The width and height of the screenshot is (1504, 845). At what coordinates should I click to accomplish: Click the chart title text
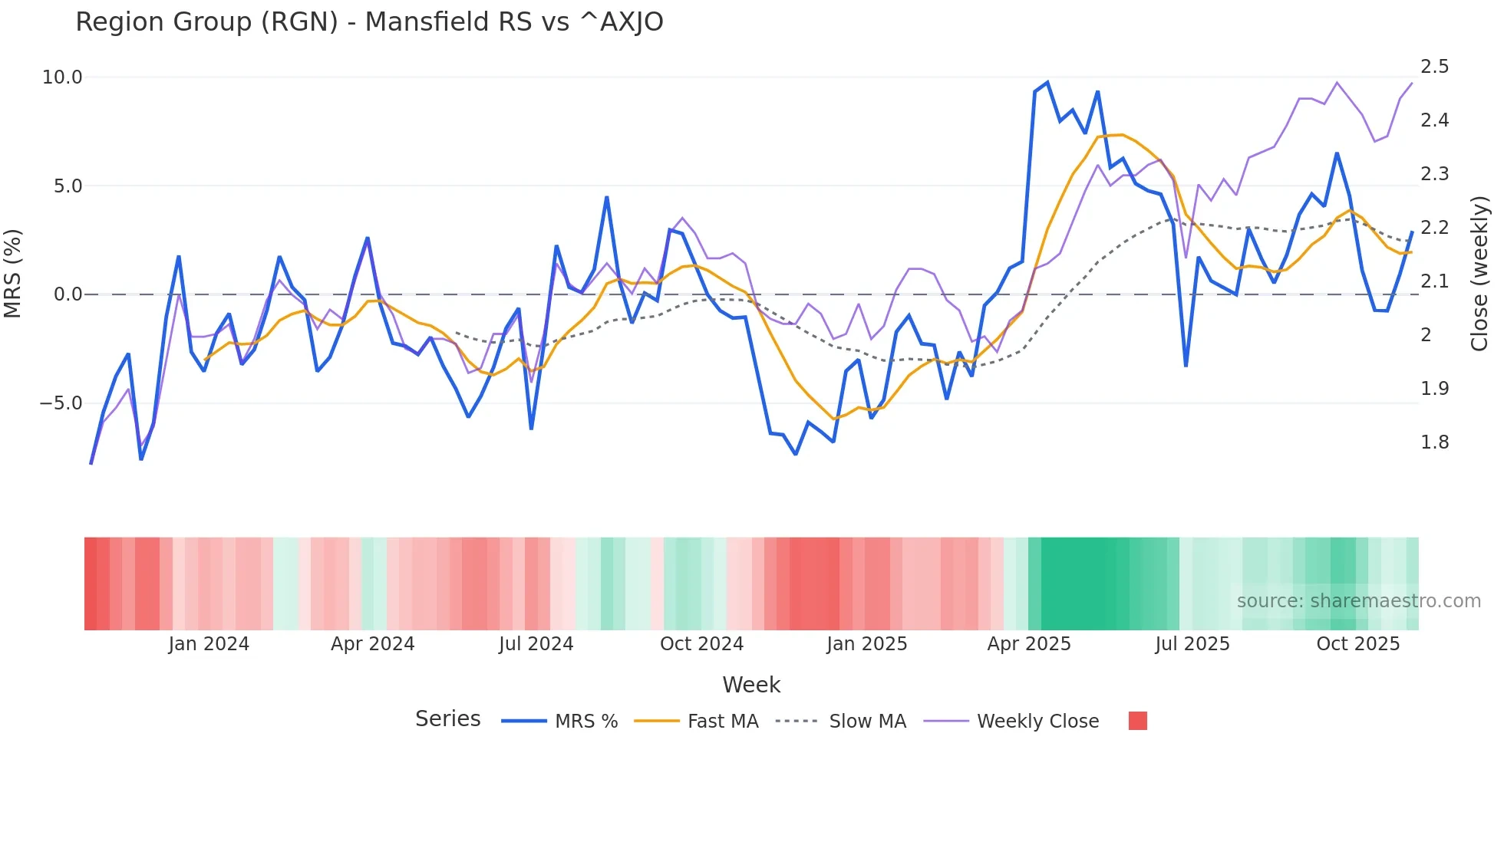click(369, 22)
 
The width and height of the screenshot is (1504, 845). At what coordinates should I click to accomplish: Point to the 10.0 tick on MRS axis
click(62, 77)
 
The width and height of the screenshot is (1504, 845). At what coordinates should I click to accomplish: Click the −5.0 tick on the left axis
click(61, 403)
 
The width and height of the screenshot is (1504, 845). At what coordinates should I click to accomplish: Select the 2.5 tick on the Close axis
click(1434, 67)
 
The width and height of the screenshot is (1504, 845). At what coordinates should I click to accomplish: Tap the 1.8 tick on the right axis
click(1434, 442)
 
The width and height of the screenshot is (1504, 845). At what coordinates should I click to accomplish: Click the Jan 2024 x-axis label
click(209, 644)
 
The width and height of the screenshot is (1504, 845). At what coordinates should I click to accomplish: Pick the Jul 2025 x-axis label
click(1192, 644)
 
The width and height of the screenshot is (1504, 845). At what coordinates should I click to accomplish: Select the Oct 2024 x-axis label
click(701, 644)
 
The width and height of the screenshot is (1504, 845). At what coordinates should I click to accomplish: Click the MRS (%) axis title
click(13, 273)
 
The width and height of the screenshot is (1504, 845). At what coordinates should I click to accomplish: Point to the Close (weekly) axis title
click(1479, 273)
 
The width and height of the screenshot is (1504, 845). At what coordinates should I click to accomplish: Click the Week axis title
click(751, 685)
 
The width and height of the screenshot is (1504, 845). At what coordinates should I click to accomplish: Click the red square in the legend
click(1138, 721)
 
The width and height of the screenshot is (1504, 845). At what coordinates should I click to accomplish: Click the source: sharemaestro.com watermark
click(1358, 601)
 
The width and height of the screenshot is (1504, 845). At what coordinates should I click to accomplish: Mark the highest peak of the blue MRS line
click(1047, 83)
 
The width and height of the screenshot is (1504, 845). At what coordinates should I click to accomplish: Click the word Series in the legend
click(447, 719)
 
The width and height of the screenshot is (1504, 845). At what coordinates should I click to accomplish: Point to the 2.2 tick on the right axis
click(1434, 228)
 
